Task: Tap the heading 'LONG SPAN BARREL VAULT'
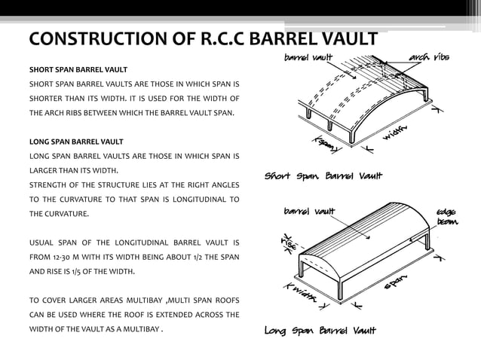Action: (76, 141)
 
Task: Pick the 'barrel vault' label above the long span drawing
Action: (309, 211)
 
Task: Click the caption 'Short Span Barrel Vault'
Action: (323, 177)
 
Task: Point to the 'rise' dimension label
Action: (288, 243)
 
